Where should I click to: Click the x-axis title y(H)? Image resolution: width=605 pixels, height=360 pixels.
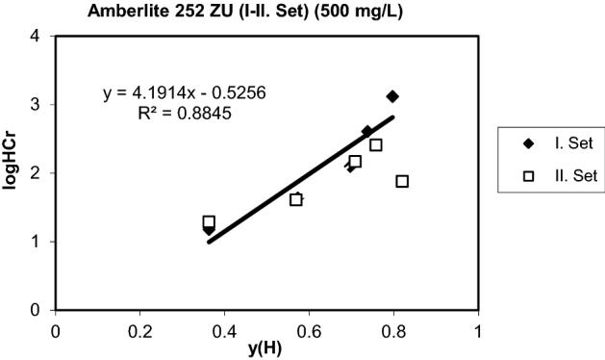266,347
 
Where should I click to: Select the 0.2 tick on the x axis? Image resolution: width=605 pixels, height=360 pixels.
139,328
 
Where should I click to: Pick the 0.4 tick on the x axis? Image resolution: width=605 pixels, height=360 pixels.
224,328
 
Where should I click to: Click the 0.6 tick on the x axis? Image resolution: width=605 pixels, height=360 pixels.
309,328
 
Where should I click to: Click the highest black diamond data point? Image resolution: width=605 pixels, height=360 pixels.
392,96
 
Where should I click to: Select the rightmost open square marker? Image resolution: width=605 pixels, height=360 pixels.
402,181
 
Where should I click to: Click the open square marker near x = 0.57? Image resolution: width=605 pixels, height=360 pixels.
296,199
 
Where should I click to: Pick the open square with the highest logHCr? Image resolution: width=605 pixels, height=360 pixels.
376,145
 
